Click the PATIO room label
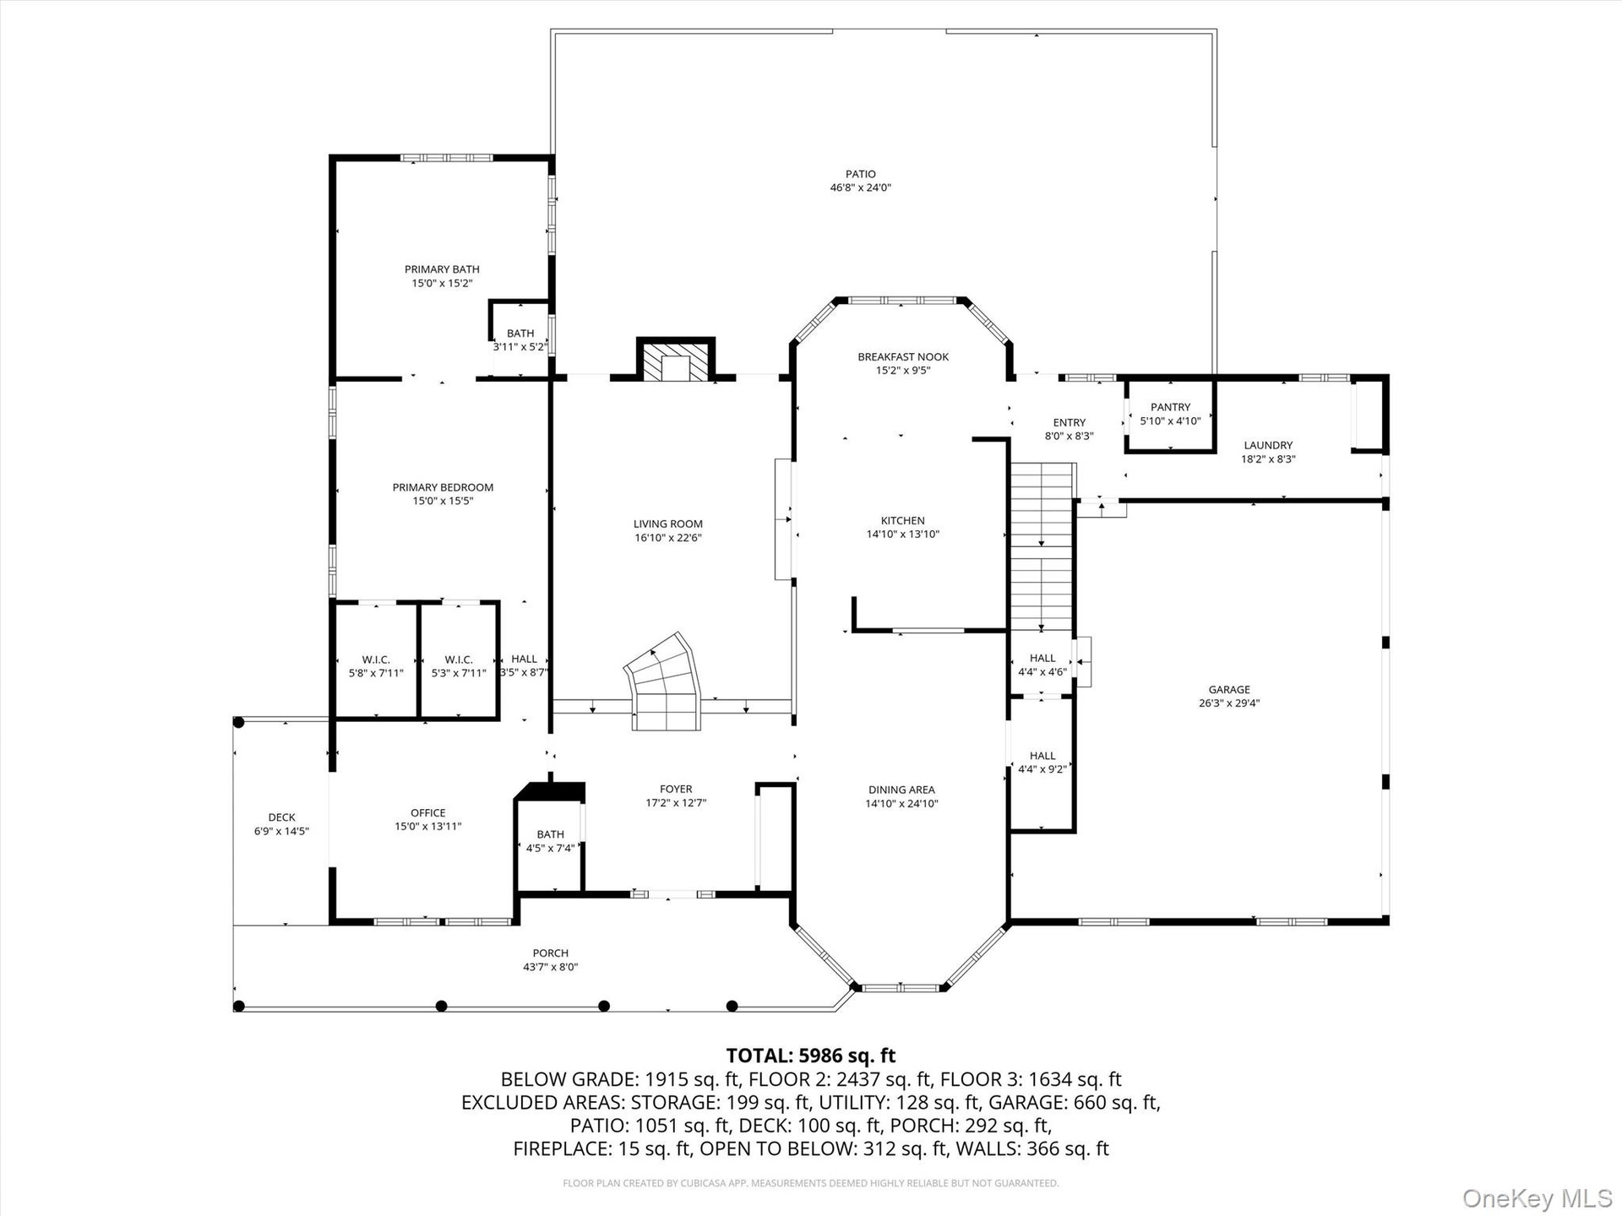(x=860, y=174)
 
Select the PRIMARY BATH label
(x=442, y=269)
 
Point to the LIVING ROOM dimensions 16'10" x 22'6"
(x=668, y=538)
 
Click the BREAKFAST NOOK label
(x=903, y=357)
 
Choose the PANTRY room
(x=1170, y=415)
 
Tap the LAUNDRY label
(x=1268, y=445)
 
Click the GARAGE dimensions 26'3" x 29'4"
(x=1229, y=703)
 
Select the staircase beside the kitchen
(x=1042, y=546)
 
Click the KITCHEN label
(x=903, y=521)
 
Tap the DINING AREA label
(x=901, y=790)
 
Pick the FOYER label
(x=676, y=790)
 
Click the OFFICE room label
(x=428, y=813)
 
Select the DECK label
(x=282, y=817)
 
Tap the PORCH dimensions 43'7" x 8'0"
(x=551, y=968)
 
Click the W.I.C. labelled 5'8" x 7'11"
(x=376, y=666)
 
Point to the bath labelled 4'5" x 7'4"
(x=550, y=841)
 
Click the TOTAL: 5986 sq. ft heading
(x=811, y=1056)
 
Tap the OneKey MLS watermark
(x=1538, y=1197)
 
